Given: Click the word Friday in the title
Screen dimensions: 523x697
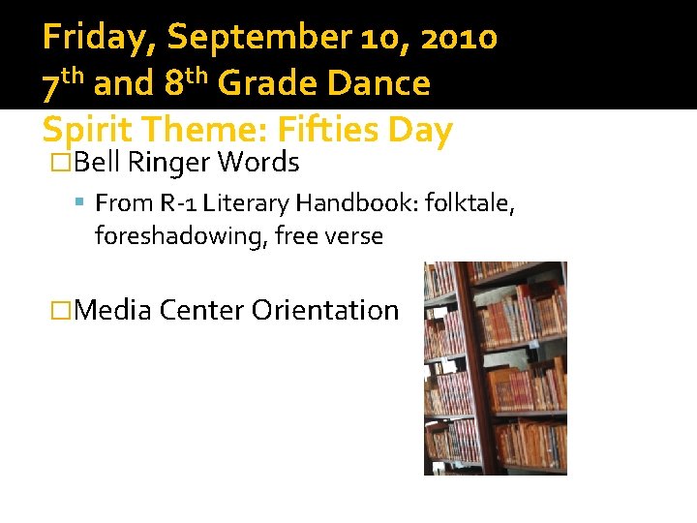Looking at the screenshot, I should tap(100, 38).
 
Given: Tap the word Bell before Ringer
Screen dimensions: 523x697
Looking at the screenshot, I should tap(98, 163).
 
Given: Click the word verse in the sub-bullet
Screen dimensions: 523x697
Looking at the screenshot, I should tap(356, 235).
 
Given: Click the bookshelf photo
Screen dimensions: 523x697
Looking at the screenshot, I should tap(496, 368).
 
